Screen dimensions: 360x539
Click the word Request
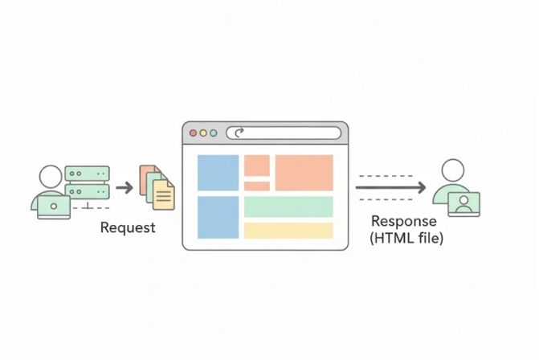[x=128, y=227]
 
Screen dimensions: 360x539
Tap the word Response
[x=404, y=221]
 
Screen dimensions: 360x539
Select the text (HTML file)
[x=406, y=239]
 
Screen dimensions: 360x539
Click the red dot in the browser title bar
[x=192, y=133]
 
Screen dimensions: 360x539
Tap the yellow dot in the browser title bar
[x=202, y=133]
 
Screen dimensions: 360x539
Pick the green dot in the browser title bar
[x=213, y=133]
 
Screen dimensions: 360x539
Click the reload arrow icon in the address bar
[x=238, y=133]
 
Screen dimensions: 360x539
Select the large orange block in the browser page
[x=304, y=173]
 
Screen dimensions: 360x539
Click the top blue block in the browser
[x=218, y=172]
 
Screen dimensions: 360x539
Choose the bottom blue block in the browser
[x=218, y=217]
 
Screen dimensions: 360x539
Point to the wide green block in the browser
[x=288, y=207]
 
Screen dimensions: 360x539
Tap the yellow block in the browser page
[x=288, y=231]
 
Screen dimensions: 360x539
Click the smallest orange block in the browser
[x=256, y=186]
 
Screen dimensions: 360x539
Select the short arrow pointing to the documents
[x=125, y=187]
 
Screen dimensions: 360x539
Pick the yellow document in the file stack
[x=163, y=194]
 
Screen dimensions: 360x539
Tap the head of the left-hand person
[x=50, y=176]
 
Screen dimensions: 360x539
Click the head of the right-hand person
[x=453, y=170]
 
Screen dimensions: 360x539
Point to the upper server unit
[x=87, y=174]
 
